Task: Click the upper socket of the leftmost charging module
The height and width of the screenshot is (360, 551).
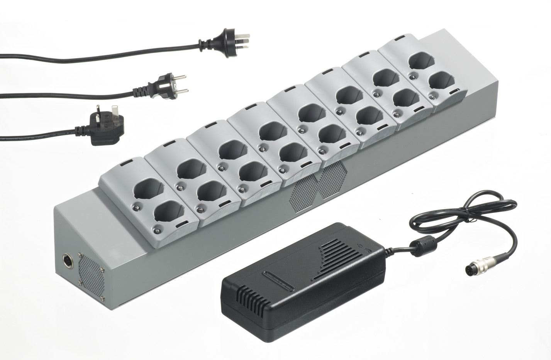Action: [x=148, y=190]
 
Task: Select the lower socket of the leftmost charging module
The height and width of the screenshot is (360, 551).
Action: [x=168, y=213]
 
